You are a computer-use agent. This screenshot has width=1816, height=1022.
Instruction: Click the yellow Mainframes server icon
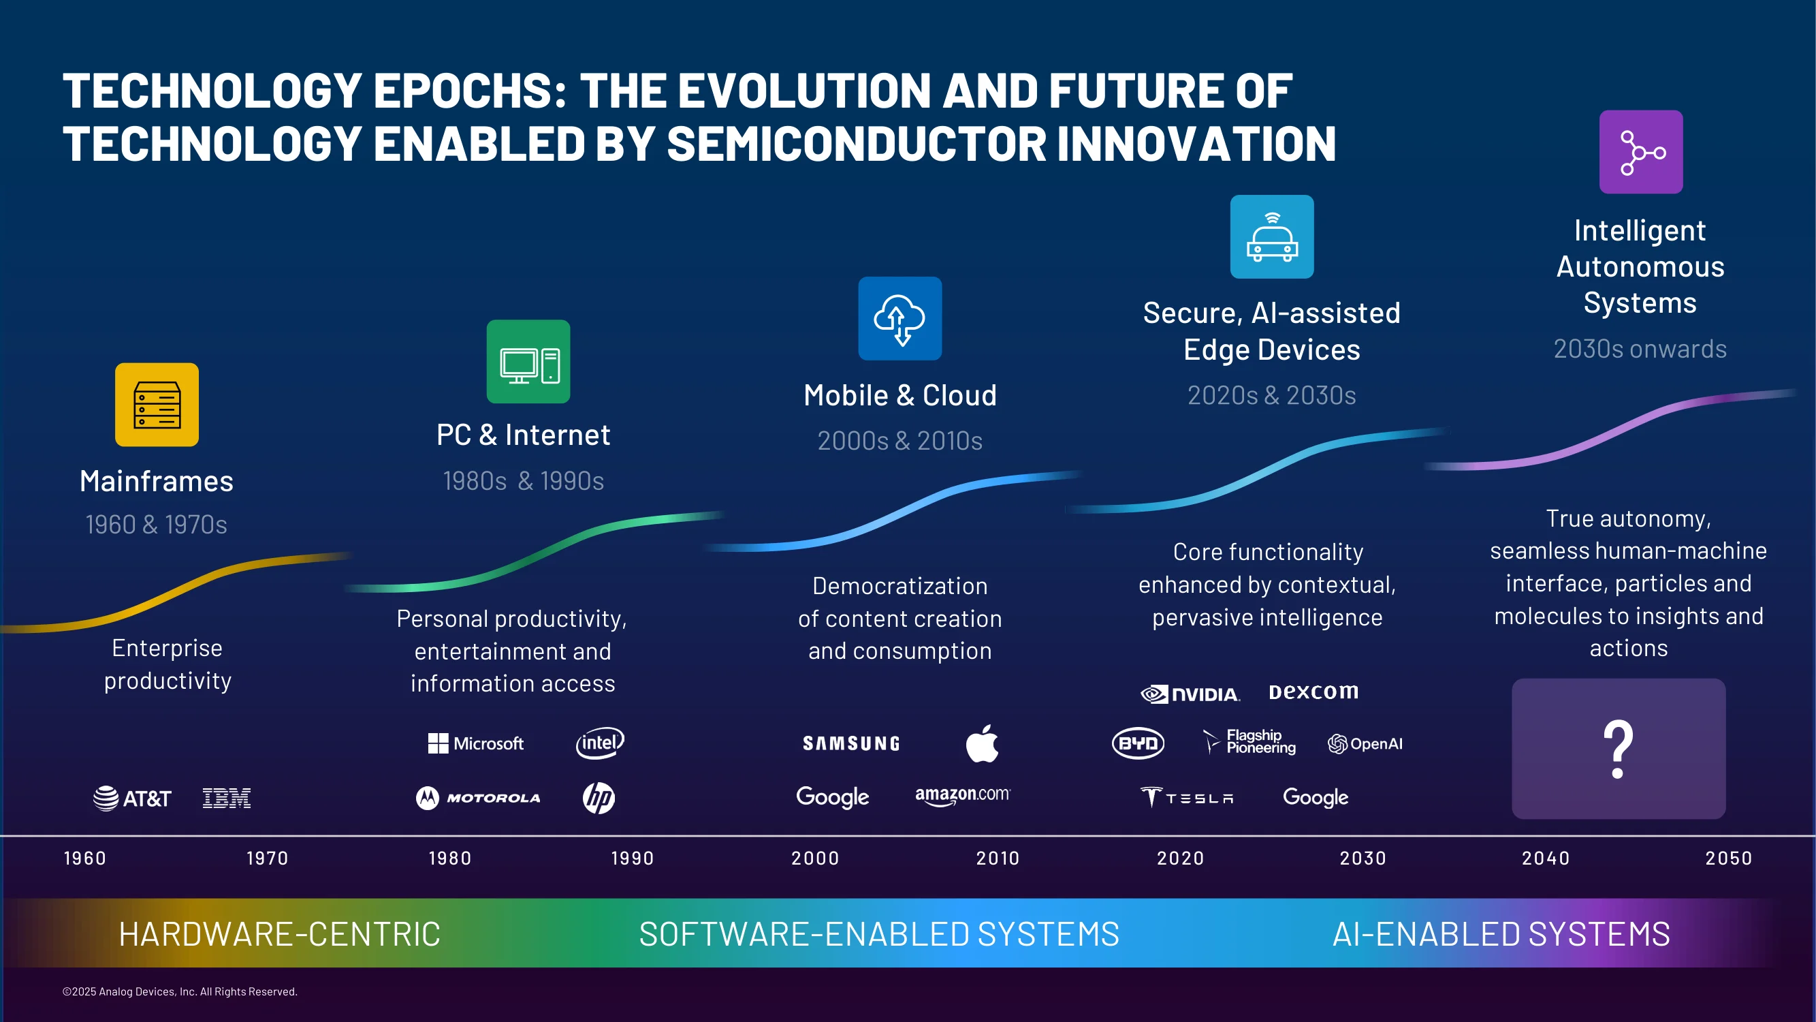click(157, 404)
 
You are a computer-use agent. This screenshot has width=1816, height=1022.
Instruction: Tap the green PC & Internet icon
click(528, 361)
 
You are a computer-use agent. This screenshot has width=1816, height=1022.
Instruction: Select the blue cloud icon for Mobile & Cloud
click(899, 318)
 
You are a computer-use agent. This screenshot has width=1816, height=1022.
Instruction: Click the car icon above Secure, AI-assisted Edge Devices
click(1272, 236)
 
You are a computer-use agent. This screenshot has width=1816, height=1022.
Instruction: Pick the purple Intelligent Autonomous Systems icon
click(1640, 152)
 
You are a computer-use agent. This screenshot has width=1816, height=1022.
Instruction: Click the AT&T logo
click(132, 799)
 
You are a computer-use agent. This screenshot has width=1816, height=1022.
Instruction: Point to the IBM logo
click(226, 799)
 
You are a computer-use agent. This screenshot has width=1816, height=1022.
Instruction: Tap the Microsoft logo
click(476, 743)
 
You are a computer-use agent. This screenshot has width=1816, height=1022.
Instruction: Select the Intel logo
click(600, 743)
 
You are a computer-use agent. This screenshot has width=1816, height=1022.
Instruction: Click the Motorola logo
click(478, 798)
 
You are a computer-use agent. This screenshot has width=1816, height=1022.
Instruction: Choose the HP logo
click(599, 798)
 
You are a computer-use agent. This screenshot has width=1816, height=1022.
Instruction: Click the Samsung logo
click(851, 743)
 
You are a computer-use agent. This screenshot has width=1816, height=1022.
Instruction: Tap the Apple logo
click(982, 743)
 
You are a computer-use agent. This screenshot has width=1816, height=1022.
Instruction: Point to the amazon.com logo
click(962, 796)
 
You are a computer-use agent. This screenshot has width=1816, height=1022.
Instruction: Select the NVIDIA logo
click(1190, 694)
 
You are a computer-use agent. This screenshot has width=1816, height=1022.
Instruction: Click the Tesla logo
click(1187, 798)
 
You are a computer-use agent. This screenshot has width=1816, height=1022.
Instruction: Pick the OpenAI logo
click(1365, 743)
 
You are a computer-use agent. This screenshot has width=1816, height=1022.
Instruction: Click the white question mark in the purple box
click(1619, 749)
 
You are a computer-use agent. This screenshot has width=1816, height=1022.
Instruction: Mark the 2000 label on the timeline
click(815, 858)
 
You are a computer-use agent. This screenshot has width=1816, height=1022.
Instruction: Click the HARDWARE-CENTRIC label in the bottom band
click(279, 934)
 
